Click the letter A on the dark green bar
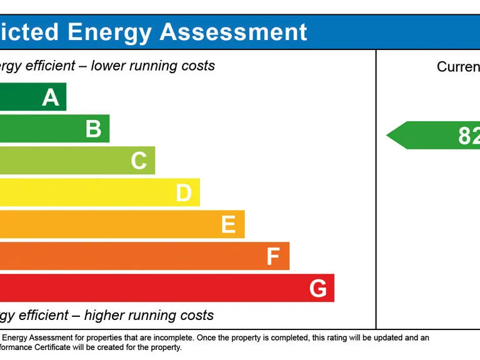click(51, 97)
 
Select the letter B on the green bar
click(94, 129)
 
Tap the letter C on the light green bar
click(139, 161)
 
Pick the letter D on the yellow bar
click(183, 193)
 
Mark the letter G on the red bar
click(317, 288)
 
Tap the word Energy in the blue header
click(109, 32)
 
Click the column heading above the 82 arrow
click(459, 67)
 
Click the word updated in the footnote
click(384, 338)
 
